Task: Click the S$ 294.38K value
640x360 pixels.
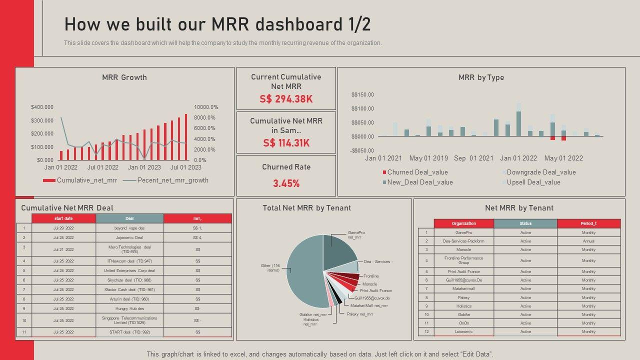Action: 286,99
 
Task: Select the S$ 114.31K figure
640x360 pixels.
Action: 286,143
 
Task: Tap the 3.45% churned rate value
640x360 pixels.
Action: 286,183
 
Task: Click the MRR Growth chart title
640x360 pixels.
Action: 124,77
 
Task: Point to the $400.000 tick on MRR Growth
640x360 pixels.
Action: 42,107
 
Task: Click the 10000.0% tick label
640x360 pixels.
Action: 206,107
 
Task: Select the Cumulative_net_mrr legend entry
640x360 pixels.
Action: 80,180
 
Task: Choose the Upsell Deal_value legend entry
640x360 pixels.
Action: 533,182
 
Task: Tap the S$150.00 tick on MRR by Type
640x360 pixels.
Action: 362,94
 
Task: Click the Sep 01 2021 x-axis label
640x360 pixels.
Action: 473,158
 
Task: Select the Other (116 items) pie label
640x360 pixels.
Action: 270,268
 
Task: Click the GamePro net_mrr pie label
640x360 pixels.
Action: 356,235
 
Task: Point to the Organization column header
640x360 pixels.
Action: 463,223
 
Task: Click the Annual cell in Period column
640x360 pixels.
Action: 588,241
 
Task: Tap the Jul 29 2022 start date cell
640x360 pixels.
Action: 63,228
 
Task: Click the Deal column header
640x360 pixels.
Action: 129,218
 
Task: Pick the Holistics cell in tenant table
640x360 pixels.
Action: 463,306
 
